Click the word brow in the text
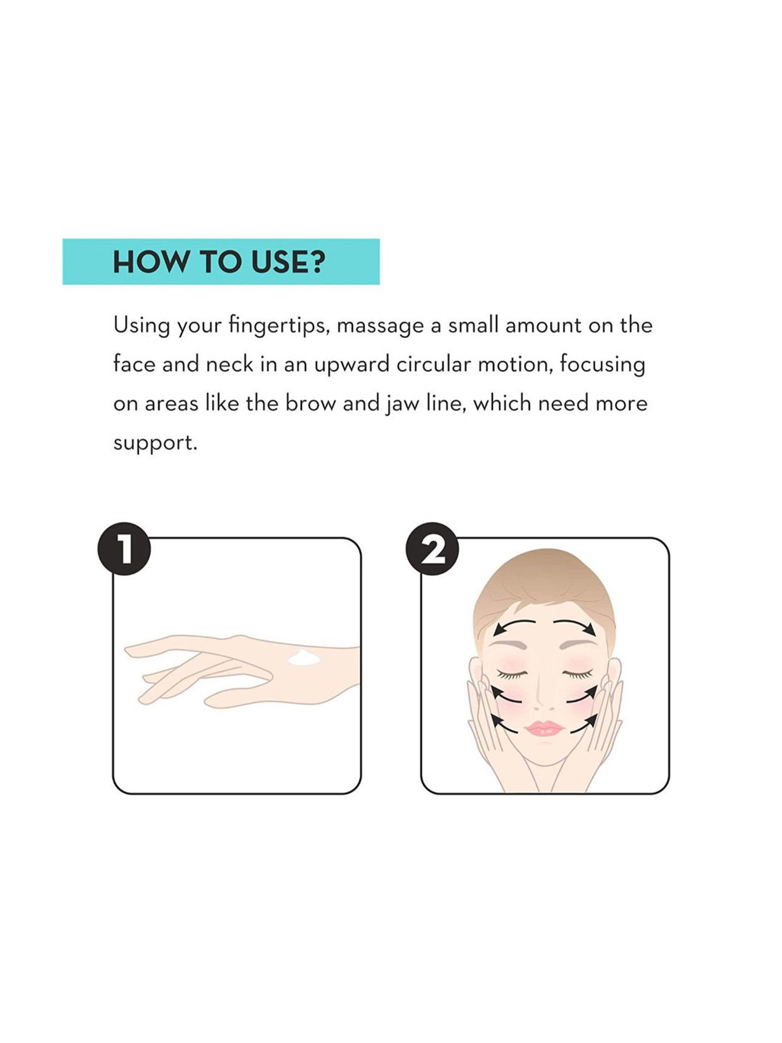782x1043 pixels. click(x=311, y=403)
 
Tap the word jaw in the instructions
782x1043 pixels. click(x=404, y=405)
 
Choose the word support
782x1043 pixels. click(x=155, y=444)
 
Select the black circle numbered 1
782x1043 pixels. click(x=124, y=549)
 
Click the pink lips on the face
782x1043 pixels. click(x=545, y=729)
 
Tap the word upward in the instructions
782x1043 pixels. click(x=351, y=366)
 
